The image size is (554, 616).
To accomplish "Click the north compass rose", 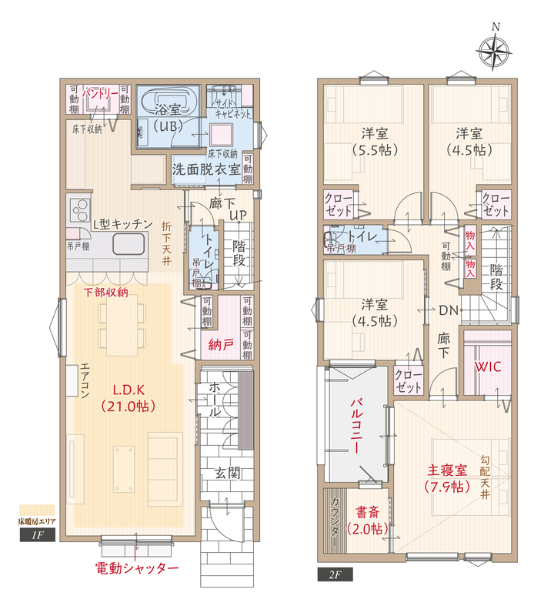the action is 493,51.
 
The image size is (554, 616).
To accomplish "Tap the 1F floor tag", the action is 37,534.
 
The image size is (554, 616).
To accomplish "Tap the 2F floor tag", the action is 335,574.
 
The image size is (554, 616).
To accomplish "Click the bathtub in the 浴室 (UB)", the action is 168,102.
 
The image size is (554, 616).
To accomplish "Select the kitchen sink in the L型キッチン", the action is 128,244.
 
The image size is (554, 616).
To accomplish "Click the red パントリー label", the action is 100,93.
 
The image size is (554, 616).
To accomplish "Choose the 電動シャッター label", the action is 137,568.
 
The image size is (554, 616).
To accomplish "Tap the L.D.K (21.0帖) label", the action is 128,397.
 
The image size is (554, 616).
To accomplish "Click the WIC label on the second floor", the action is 488,367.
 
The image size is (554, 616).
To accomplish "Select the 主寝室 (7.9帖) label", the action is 447,478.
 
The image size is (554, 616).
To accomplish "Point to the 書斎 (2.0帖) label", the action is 367,521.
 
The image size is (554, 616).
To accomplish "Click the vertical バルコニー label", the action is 355,426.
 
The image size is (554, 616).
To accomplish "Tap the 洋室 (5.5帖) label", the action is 375,142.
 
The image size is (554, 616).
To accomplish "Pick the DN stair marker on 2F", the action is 449,310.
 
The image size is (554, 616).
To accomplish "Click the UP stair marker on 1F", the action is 238,215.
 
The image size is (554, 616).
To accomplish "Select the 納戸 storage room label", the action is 221,345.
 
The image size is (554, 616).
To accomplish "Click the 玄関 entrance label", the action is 227,473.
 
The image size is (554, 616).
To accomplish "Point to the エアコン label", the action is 85,380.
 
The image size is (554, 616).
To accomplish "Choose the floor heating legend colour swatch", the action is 37,510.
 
